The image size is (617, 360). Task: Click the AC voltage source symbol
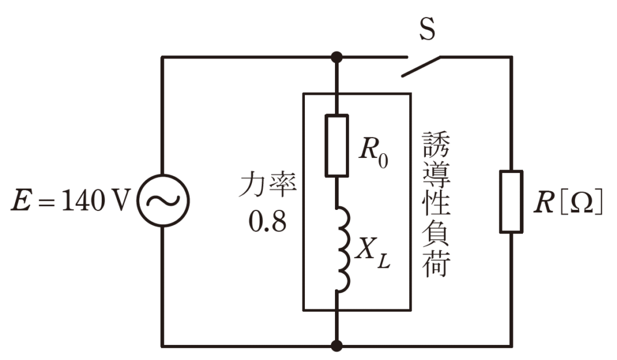[162, 201]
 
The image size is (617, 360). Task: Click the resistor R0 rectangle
[337, 145]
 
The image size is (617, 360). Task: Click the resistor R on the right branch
[511, 201]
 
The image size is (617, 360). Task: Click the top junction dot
[337, 57]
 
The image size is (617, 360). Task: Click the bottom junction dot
[337, 346]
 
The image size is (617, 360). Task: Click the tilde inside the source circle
[162, 201]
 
